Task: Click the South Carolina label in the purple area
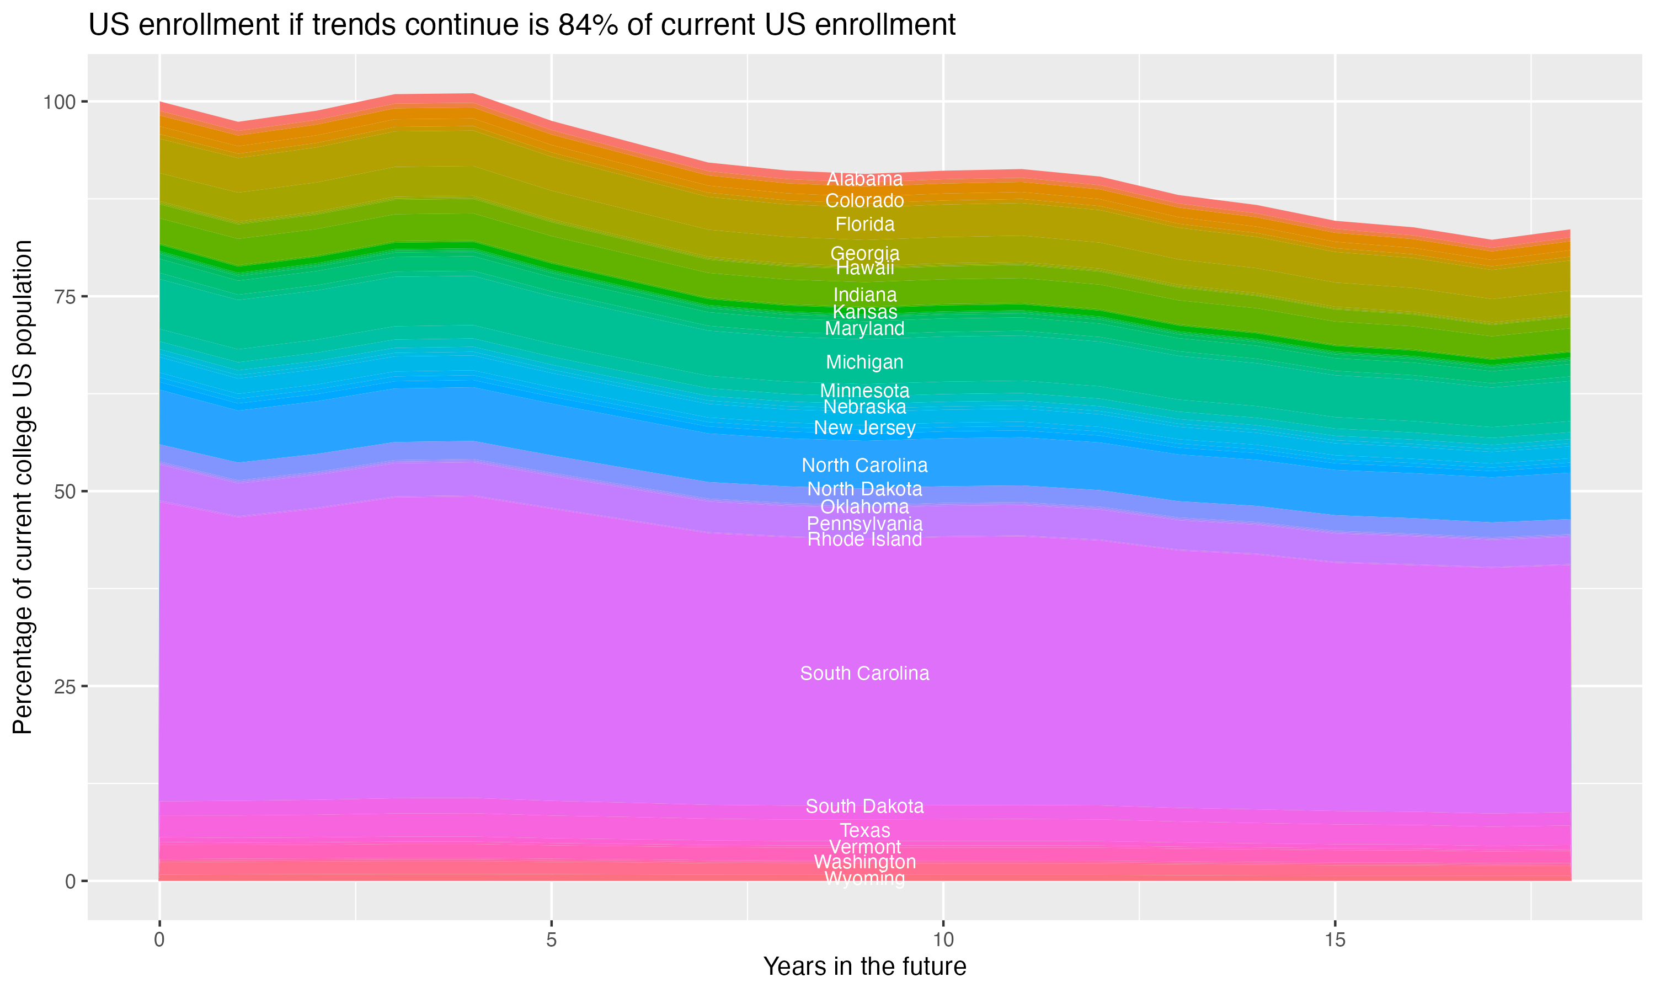click(864, 673)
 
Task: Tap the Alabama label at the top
click(864, 179)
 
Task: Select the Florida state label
click(864, 224)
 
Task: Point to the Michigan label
click(864, 362)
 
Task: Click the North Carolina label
click(864, 465)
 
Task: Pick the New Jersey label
click(864, 428)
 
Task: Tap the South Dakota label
click(864, 807)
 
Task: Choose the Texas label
click(864, 830)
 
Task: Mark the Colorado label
click(864, 201)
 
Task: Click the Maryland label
click(864, 329)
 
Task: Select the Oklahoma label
click(864, 506)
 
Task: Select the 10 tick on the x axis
click(943, 940)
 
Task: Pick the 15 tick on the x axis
click(1334, 940)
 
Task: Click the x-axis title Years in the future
click(864, 966)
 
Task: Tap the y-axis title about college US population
click(23, 487)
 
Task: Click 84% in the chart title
click(586, 25)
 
